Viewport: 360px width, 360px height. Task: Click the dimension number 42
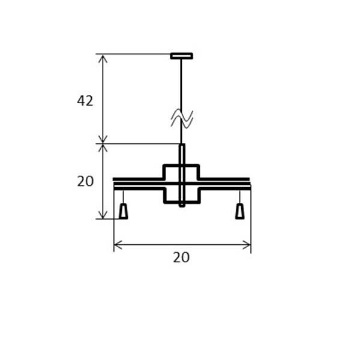85,101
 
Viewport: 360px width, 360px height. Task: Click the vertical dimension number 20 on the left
85,181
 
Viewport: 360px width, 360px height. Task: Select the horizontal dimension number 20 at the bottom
181,257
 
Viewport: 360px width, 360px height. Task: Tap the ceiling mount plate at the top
181,56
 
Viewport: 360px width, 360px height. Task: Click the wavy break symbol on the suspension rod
181,119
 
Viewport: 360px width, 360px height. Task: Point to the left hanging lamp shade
123,211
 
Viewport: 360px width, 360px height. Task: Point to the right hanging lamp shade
239,211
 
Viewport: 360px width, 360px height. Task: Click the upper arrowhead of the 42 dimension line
103,58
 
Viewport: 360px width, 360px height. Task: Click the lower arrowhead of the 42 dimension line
103,139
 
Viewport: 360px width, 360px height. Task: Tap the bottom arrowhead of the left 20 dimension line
103,215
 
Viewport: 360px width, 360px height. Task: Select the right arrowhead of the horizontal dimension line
247,244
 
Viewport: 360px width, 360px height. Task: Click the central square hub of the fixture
181,184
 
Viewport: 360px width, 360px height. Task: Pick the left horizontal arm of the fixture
138,184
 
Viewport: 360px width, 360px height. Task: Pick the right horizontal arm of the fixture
224,184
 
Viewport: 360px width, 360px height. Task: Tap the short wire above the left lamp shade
123,197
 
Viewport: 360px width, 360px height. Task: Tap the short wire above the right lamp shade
239,197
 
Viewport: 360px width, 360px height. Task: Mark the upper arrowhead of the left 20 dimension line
103,148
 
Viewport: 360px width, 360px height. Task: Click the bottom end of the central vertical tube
182,205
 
